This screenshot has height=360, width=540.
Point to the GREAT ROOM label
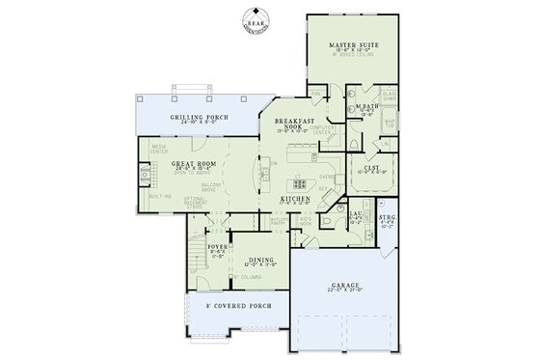(x=192, y=164)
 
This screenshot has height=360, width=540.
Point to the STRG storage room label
(x=387, y=218)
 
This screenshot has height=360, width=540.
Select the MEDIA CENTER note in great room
(x=158, y=149)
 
